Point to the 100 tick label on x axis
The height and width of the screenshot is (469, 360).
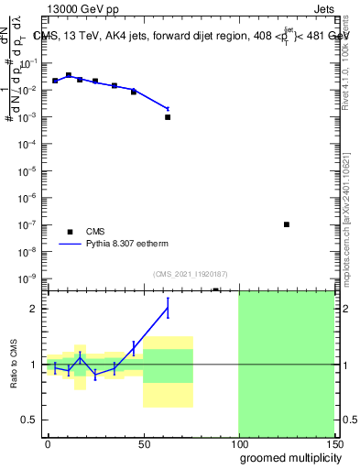tap(238, 443)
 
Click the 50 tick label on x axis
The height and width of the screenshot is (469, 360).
tap(143, 443)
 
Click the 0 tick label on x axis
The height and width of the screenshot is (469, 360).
tap(48, 443)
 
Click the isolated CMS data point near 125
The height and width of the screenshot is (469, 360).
tap(287, 224)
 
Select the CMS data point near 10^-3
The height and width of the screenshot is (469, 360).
tap(168, 117)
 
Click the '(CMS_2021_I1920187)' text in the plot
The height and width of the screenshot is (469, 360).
tap(191, 274)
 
